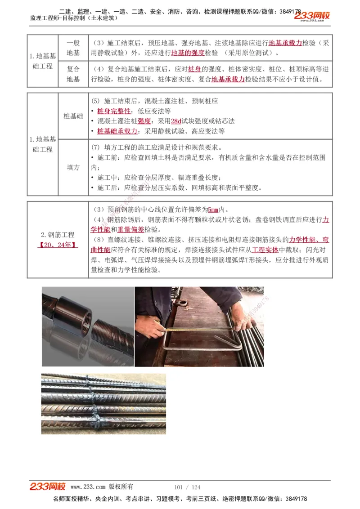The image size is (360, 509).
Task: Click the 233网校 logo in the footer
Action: (x=48, y=487)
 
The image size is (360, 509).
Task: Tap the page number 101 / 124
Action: (x=187, y=487)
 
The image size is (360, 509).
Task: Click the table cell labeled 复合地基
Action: (x=73, y=74)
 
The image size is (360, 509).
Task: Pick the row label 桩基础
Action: (x=73, y=116)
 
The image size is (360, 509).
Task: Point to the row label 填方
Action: (x=73, y=167)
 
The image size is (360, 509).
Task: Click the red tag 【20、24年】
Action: (x=58, y=245)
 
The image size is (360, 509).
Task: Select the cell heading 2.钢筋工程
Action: (x=58, y=235)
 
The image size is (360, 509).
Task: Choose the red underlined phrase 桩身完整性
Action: (x=114, y=111)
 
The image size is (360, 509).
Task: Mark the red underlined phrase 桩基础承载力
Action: (x=117, y=131)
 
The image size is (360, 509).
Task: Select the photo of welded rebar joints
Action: (x=103, y=403)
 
